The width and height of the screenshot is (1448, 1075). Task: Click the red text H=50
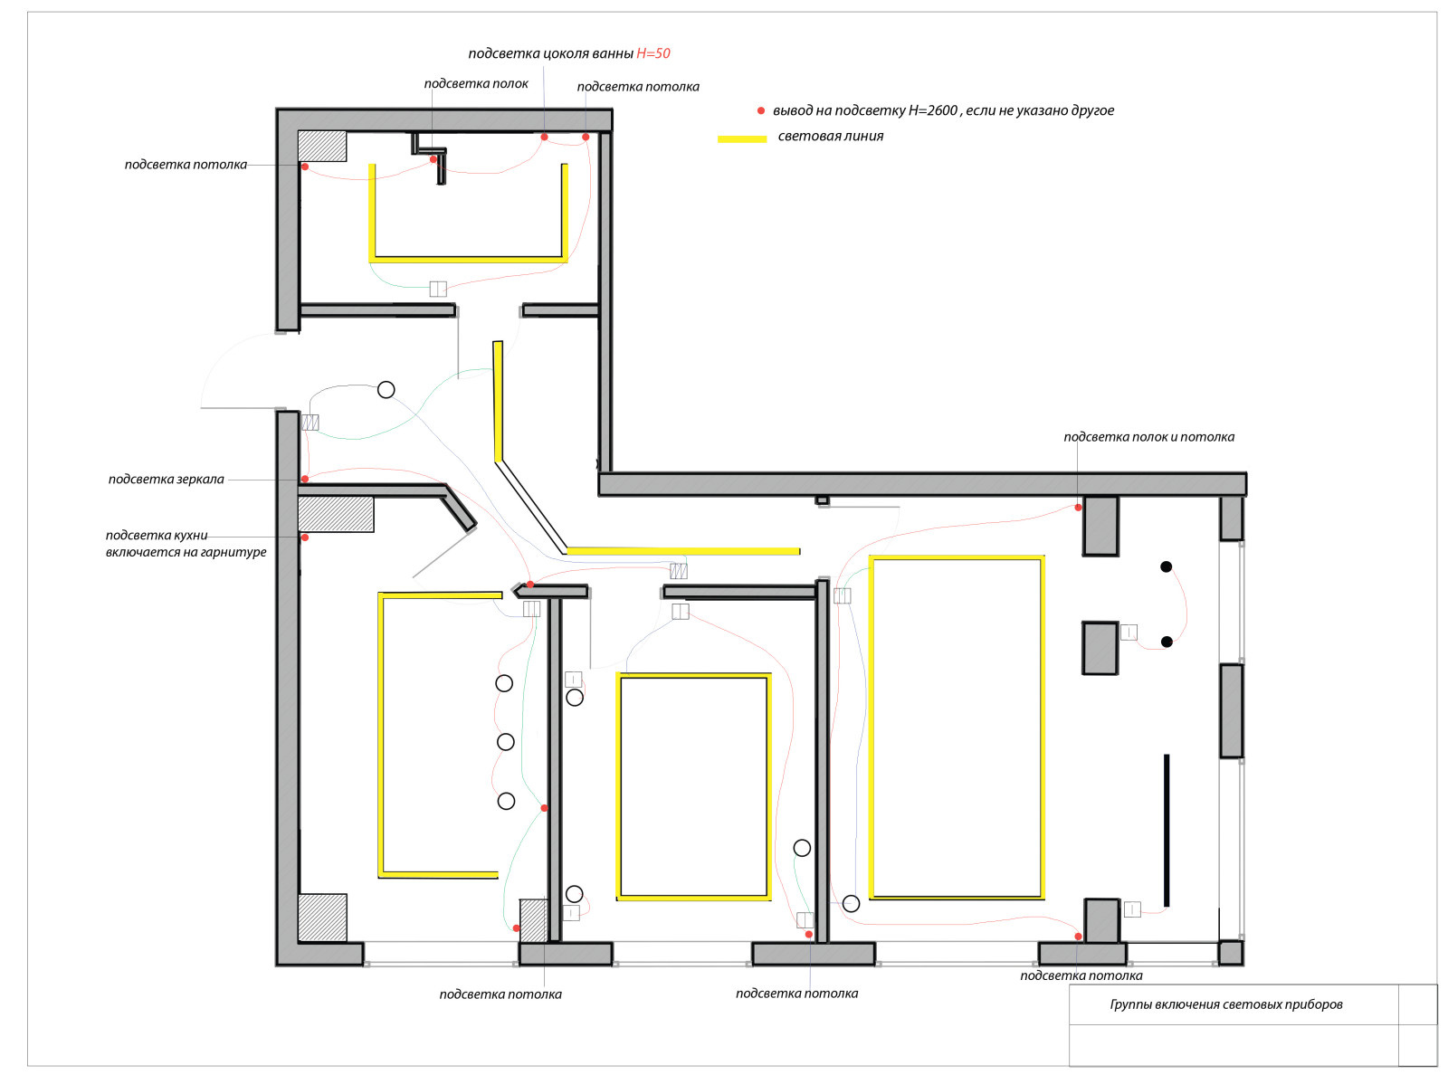tap(653, 53)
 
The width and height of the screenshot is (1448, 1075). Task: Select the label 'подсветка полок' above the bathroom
tap(476, 83)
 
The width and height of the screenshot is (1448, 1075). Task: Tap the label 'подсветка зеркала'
tap(166, 479)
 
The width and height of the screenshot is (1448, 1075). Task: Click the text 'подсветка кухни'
tap(156, 535)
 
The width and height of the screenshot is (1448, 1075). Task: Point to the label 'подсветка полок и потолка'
tap(1148, 437)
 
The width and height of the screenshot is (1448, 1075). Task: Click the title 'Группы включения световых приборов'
tap(1225, 1004)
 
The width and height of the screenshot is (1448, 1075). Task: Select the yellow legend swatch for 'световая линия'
tap(741, 138)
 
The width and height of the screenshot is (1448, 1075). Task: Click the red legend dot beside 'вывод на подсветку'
tap(760, 111)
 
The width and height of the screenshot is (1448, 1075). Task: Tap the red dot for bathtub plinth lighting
tap(544, 137)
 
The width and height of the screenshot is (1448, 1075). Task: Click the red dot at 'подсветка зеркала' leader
tap(305, 479)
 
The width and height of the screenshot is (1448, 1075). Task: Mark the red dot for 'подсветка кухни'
tap(305, 537)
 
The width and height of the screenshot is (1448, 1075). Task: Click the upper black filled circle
tap(1166, 566)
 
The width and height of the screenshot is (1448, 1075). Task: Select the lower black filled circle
tap(1166, 642)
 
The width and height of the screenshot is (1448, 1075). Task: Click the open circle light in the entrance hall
tap(386, 390)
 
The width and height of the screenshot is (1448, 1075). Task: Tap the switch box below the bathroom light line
tap(437, 289)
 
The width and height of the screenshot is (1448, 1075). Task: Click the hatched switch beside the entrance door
tap(310, 423)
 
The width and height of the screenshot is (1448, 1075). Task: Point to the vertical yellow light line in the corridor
tap(498, 401)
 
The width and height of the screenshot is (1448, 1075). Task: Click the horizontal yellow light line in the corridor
tap(683, 552)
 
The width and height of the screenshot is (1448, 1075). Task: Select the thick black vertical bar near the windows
tap(1166, 831)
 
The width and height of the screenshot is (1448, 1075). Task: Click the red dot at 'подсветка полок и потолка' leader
tap(1078, 508)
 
